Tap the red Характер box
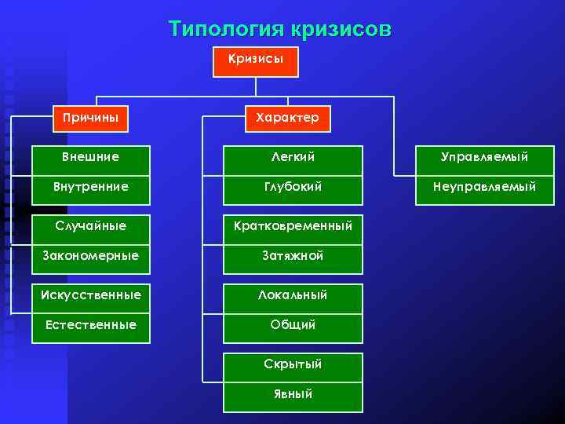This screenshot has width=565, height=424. [x=287, y=118]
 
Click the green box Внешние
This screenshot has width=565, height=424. [x=90, y=157]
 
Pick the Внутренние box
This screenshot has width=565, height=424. [x=90, y=188]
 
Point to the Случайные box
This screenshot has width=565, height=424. [x=90, y=226]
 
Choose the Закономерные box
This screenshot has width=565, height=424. [x=90, y=256]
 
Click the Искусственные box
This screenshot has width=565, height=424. [x=90, y=295]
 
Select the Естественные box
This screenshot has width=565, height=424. [x=90, y=325]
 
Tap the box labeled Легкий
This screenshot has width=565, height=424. [x=293, y=158]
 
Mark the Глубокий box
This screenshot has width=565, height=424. [x=293, y=188]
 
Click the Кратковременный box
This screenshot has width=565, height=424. [x=293, y=226]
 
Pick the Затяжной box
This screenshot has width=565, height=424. [x=293, y=256]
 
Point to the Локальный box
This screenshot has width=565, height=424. [x=293, y=296]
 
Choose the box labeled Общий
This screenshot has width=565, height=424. [x=293, y=325]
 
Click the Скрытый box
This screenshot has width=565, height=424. [x=293, y=365]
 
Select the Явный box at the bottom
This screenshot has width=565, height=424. [x=293, y=395]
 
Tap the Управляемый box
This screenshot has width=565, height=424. [x=483, y=158]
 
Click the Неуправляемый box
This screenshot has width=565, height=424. [x=483, y=188]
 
